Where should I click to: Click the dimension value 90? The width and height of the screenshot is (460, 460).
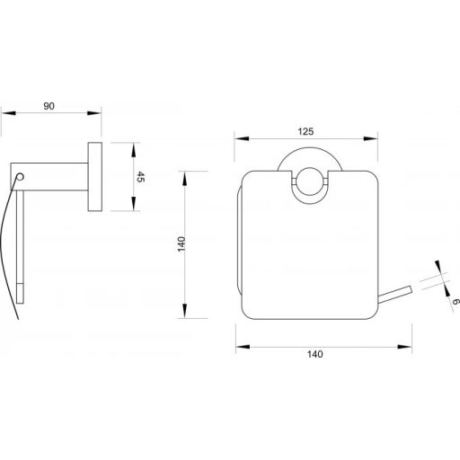(x=49, y=106)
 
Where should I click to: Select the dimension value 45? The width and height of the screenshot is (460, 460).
(x=140, y=177)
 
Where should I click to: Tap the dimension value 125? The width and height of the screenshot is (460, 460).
(x=305, y=131)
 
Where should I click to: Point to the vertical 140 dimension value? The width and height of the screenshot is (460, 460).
(x=181, y=244)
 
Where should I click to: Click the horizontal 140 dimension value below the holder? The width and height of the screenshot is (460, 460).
(x=315, y=354)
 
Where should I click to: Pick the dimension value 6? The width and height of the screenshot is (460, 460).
(x=455, y=302)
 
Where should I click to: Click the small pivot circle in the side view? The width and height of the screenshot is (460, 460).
(x=20, y=177)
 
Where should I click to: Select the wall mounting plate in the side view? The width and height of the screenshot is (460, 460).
(x=95, y=177)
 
